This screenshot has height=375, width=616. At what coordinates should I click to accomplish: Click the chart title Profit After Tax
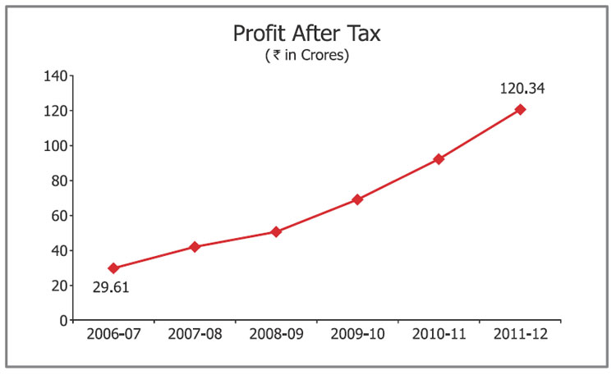tap(308, 34)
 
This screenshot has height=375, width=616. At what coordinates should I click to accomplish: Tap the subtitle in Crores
tap(308, 57)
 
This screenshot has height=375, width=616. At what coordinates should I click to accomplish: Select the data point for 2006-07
tap(113, 268)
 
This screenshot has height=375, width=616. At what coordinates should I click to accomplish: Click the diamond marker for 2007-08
tap(195, 246)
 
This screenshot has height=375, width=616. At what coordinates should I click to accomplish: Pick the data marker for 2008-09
tap(276, 231)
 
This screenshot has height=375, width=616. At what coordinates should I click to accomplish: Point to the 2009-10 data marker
tap(357, 199)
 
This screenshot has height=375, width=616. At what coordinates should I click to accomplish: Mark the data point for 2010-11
tap(439, 159)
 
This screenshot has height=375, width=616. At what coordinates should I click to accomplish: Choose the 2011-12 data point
tap(520, 109)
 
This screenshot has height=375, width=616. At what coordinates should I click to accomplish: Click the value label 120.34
tap(522, 89)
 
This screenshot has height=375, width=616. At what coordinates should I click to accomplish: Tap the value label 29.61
tap(110, 287)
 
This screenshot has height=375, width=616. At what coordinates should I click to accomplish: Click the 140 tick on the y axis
tap(55, 76)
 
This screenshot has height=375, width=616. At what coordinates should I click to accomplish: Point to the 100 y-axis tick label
tap(55, 146)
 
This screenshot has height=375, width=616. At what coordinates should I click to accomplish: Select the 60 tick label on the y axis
tap(58, 216)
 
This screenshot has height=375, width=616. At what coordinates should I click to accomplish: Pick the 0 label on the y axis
tap(62, 320)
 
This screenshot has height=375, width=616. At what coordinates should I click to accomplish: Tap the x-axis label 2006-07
tap(113, 335)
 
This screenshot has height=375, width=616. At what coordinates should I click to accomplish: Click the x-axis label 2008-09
tap(276, 335)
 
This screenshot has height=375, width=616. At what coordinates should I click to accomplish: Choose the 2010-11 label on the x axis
tap(439, 335)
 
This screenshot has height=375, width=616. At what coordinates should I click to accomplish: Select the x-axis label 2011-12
tap(520, 335)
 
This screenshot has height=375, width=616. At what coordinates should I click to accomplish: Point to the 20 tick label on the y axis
tap(58, 286)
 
